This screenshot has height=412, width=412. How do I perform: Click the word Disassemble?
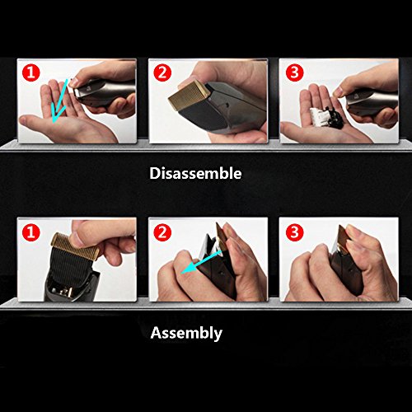coord(195,173)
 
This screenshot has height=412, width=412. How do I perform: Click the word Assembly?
coord(186,333)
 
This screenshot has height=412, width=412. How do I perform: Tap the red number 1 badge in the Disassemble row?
coord(31,73)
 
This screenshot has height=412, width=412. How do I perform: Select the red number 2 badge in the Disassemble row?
coord(162,73)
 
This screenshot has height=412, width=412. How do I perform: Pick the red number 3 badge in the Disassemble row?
coord(294,73)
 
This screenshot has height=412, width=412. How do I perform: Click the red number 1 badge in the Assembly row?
coord(31,232)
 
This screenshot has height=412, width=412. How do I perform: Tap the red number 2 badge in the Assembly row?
coord(162,232)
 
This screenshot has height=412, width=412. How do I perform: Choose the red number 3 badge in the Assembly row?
coord(294,232)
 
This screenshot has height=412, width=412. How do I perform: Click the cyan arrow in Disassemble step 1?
coord(59,101)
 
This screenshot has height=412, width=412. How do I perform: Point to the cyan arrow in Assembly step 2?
coord(202,262)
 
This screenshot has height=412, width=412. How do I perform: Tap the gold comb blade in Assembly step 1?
coord(75,246)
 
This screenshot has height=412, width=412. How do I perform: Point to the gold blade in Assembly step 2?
coord(221,236)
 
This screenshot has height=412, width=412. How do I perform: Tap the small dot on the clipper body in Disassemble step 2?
coord(226,105)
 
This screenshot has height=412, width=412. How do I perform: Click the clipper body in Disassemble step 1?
coord(105,93)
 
